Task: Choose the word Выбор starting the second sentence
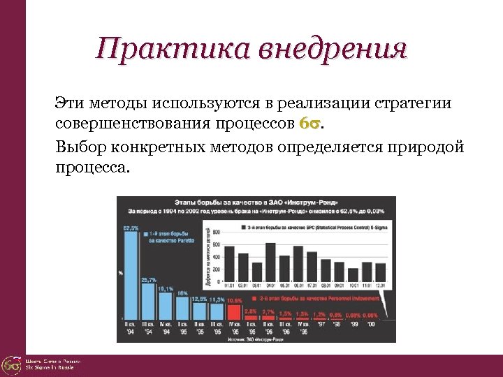click(77, 147)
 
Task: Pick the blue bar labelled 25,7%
click(149, 300)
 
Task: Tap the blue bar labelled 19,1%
click(166, 306)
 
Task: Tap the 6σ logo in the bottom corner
click(11, 365)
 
